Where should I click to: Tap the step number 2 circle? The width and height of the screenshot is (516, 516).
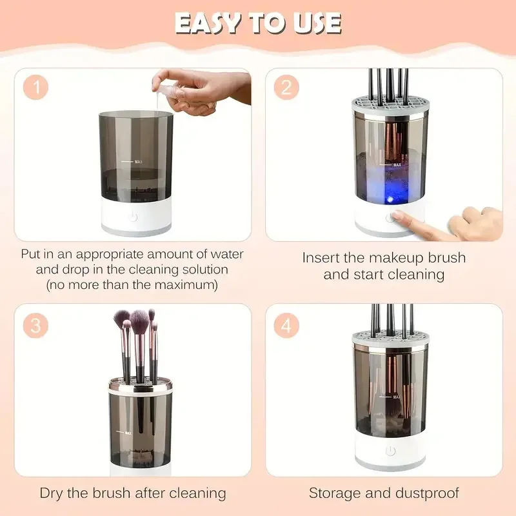click(286, 87)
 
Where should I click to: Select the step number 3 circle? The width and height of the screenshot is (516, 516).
click(36, 326)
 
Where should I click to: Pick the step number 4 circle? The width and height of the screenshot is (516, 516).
click(286, 326)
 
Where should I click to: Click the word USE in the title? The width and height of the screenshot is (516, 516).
click(314, 24)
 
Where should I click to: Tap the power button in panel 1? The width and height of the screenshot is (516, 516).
click(134, 217)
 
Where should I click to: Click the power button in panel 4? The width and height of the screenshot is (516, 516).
click(390, 451)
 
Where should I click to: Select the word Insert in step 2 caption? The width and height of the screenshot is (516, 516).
click(321, 257)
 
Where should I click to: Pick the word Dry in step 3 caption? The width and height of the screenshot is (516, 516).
click(52, 493)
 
